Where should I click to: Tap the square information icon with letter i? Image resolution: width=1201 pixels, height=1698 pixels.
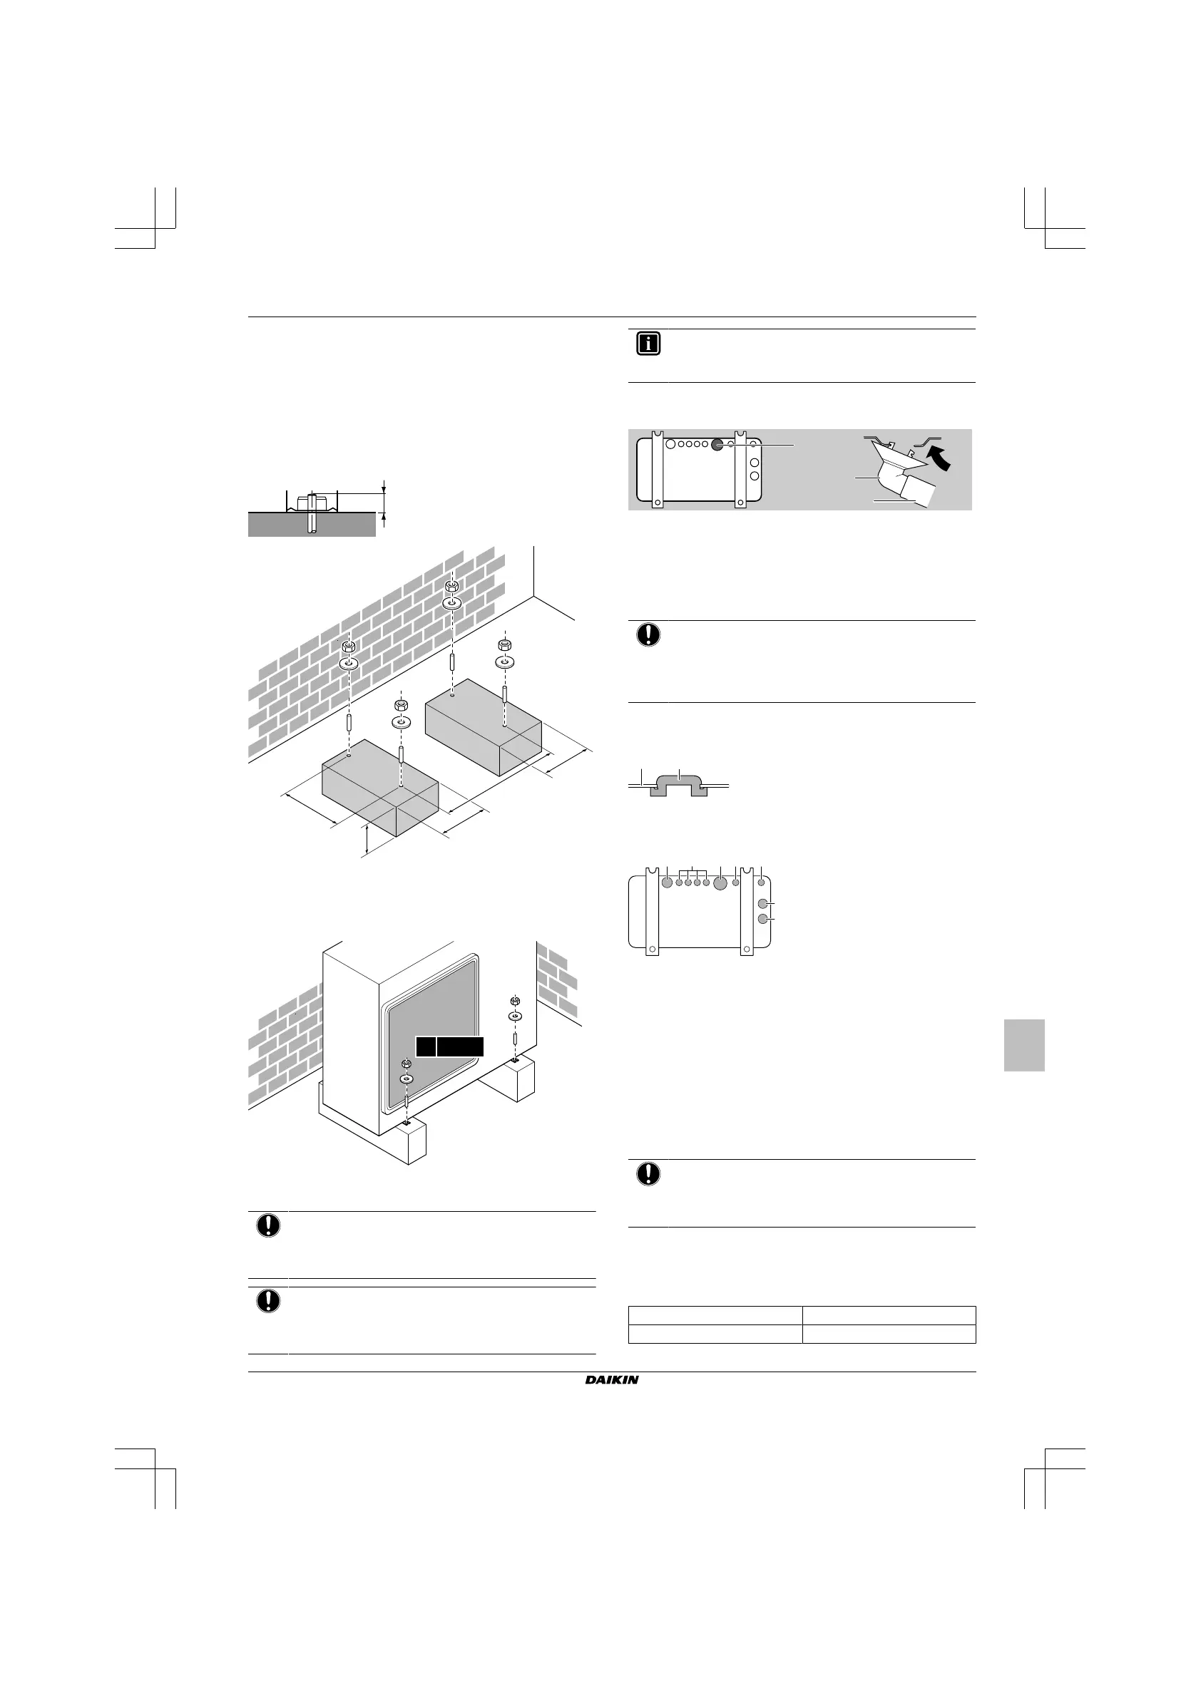[648, 344]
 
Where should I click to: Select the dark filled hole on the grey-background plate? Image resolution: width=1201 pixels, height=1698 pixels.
[717, 446]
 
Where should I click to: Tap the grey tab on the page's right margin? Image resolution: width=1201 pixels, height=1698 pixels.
[1024, 1044]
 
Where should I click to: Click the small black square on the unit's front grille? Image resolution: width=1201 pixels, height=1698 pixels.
[425, 1046]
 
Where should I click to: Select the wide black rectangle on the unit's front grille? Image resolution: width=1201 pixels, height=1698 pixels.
[460, 1046]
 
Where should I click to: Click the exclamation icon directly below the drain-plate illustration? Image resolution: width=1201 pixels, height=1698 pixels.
[648, 634]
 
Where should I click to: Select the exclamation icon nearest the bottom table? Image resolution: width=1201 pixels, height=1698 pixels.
[648, 1173]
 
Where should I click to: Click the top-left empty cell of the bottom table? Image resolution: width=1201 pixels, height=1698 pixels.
[715, 1315]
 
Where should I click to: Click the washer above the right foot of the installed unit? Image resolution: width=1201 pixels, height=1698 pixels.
[515, 1016]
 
